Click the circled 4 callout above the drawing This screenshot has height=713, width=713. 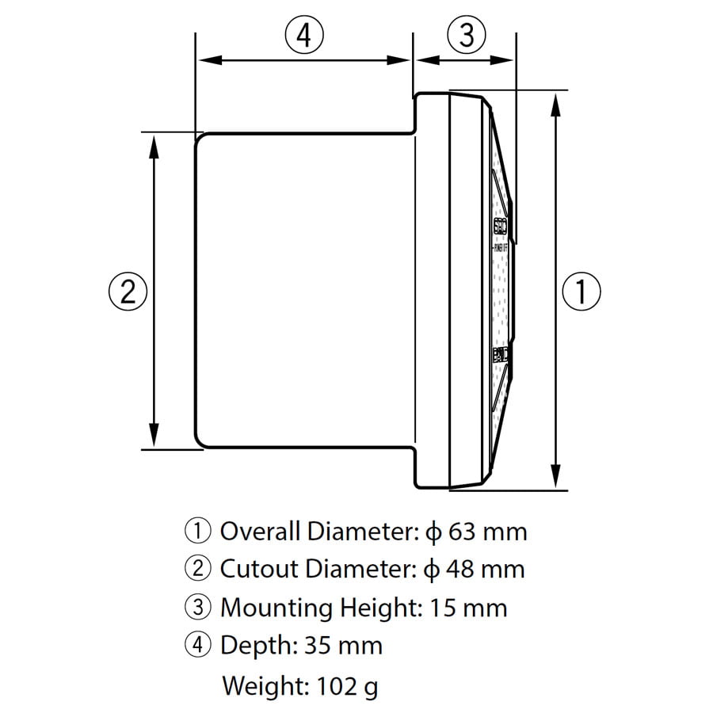tap(304, 36)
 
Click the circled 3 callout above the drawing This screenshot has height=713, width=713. tap(467, 36)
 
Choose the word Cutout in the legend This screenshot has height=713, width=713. tap(256, 569)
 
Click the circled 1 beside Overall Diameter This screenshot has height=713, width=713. tap(197, 531)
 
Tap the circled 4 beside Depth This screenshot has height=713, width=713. tap(197, 646)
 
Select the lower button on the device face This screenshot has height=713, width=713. tap(501, 355)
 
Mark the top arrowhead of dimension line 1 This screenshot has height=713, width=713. tap(557, 99)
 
